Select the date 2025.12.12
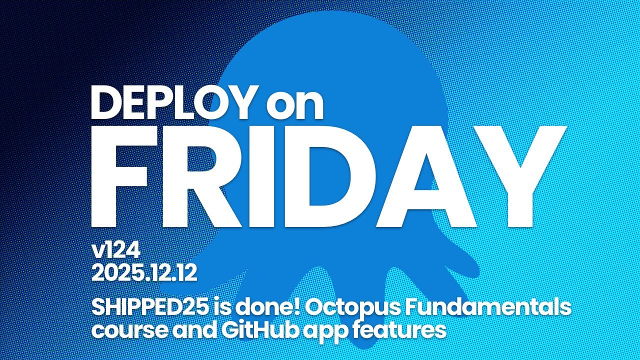click(144, 273)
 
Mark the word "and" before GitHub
click(183, 329)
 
